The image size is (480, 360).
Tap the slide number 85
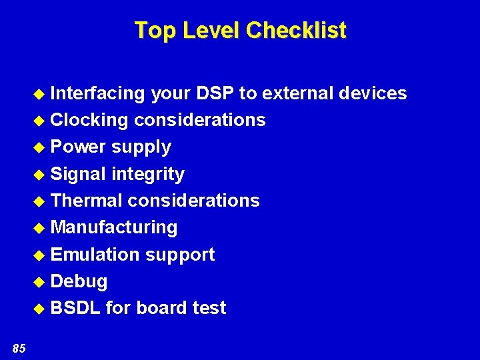pyautogui.click(x=19, y=347)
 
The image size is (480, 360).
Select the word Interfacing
pyautogui.click(x=97, y=93)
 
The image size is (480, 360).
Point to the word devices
pyautogui.click(x=373, y=93)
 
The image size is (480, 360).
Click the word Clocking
pyautogui.click(x=89, y=120)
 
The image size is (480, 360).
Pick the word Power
pyautogui.click(x=78, y=147)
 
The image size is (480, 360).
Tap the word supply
pyautogui.click(x=141, y=147)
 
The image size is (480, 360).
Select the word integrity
pyautogui.click(x=148, y=174)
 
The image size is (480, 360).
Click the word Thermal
pyautogui.click(x=87, y=200)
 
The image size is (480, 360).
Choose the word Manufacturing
pyautogui.click(x=114, y=227)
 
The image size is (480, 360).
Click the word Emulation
pyautogui.click(x=95, y=254)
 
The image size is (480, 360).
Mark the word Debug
pyautogui.click(x=79, y=281)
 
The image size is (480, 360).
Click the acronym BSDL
pyautogui.click(x=75, y=308)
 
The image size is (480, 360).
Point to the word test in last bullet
pyautogui.click(x=209, y=308)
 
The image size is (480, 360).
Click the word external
pyautogui.click(x=297, y=93)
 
